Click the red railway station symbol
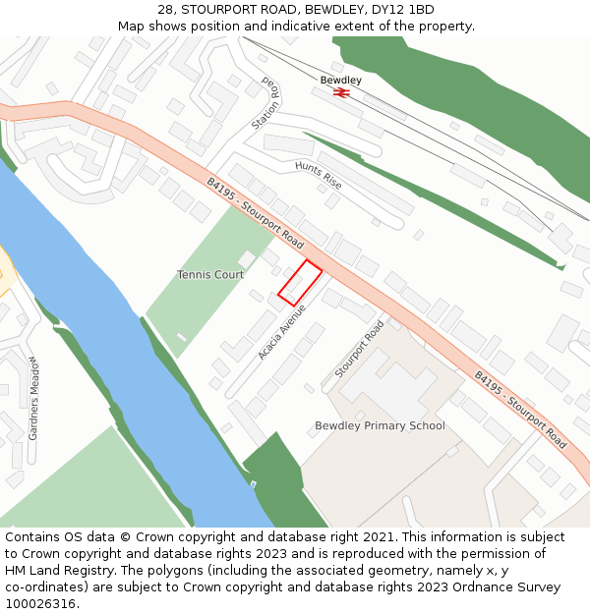pos(341,92)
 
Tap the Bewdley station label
pos(341,80)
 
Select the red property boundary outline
pos(300,282)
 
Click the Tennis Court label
pos(210,275)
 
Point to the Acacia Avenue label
pos(283,331)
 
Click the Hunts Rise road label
pos(319,174)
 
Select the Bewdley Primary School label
pos(380,426)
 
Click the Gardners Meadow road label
pos(33,397)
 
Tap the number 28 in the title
pos(165,10)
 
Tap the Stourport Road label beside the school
pos(359,349)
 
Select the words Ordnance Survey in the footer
pos(510,587)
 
